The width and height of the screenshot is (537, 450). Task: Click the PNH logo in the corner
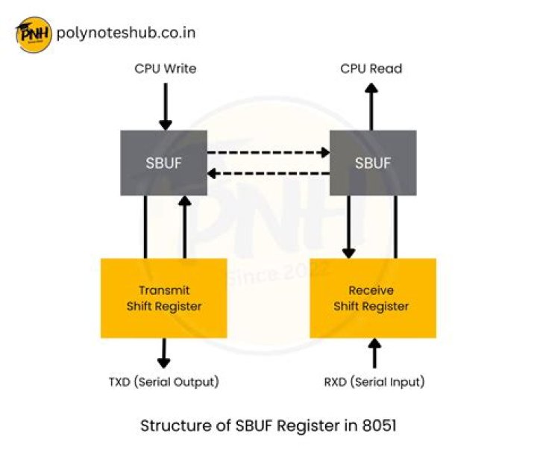click(x=33, y=34)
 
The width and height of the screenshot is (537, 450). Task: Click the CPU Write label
click(x=166, y=69)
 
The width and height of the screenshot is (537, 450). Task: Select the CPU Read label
click(x=371, y=69)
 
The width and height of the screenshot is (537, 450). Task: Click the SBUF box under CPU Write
click(x=164, y=163)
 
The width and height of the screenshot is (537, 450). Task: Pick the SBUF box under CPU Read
click(x=373, y=163)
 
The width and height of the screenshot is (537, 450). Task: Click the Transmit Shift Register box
click(x=163, y=298)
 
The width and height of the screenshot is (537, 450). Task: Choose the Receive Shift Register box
click(x=373, y=298)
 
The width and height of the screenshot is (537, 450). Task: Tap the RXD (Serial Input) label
click(x=374, y=382)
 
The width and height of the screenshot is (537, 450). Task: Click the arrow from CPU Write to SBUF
click(x=166, y=106)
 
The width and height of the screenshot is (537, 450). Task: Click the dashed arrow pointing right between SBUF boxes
click(x=268, y=153)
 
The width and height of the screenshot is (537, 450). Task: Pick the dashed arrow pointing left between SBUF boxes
click(x=268, y=174)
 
